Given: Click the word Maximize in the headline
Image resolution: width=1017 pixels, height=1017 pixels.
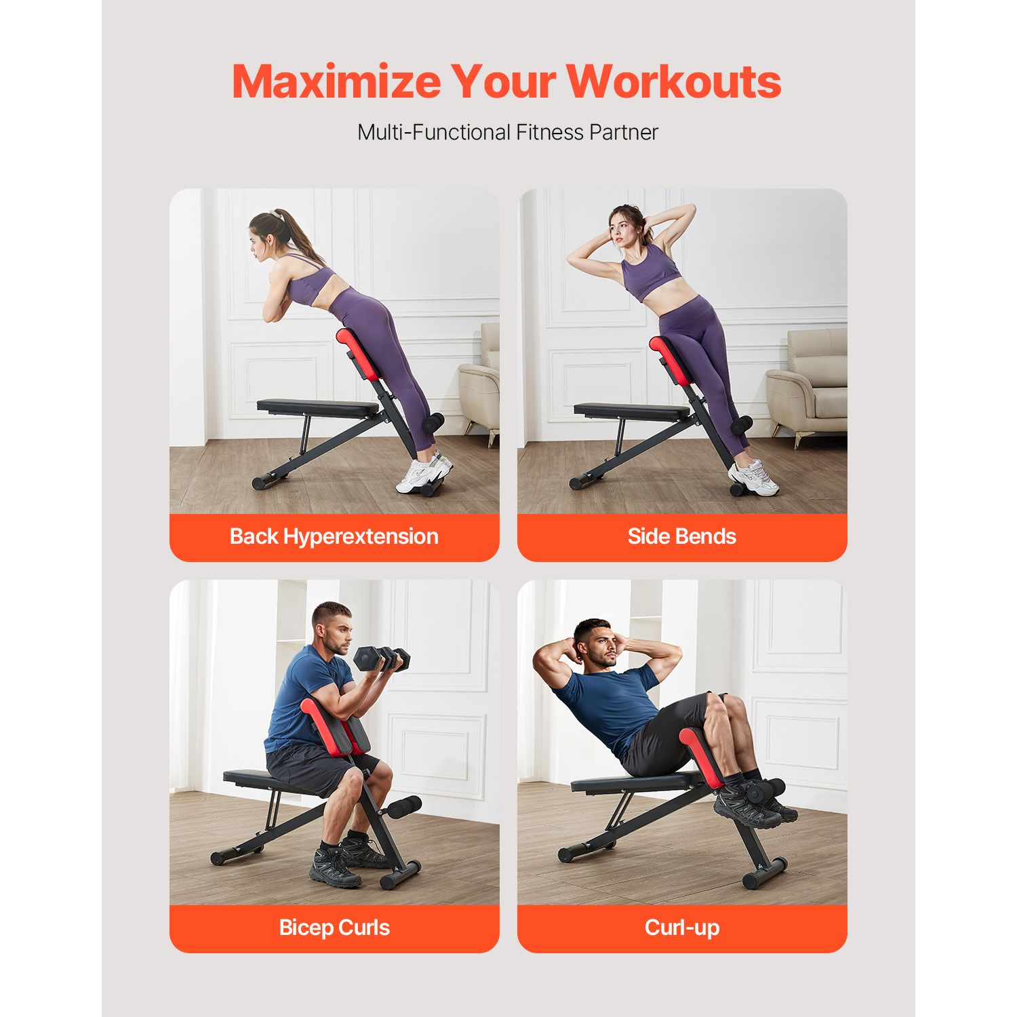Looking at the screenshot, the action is [336, 81].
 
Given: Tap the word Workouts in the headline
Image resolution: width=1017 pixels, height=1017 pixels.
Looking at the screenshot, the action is [674, 81].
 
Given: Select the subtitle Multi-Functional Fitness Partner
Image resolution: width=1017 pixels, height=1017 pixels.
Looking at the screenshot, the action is [508, 132].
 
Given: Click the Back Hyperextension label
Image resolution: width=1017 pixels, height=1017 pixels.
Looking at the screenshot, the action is [334, 536].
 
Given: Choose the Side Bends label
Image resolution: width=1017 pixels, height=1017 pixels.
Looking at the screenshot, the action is [682, 536].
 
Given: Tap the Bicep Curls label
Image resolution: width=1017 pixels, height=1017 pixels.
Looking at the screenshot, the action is [334, 928].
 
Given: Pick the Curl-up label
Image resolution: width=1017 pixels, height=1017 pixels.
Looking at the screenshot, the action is [682, 928].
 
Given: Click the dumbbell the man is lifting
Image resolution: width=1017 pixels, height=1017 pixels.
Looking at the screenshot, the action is [382, 658].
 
